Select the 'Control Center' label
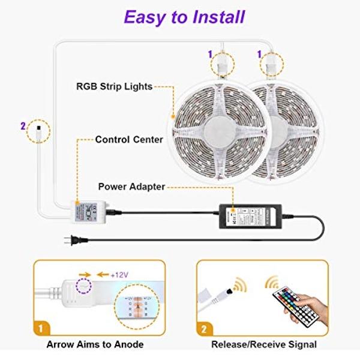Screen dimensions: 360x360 pyautogui.click(x=129, y=139)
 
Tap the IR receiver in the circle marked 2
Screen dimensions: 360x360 pyautogui.click(x=38, y=127)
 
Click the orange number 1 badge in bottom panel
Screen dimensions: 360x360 pyautogui.click(x=40, y=329)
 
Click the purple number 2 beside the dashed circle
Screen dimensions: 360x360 pyautogui.click(x=22, y=127)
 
